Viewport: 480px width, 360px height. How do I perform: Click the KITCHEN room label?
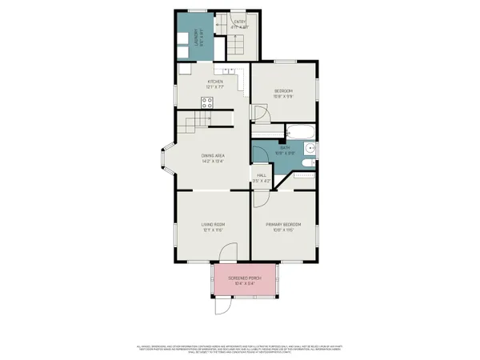click(x=214, y=82)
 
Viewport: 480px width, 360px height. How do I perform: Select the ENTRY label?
click(x=238, y=22)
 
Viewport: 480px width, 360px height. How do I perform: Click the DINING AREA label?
click(x=212, y=155)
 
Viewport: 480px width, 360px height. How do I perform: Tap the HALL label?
click(x=261, y=175)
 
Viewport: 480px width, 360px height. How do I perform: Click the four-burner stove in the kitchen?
click(x=206, y=102)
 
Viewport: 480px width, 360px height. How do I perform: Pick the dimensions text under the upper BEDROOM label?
click(x=284, y=97)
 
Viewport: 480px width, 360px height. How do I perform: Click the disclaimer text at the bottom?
click(x=240, y=348)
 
